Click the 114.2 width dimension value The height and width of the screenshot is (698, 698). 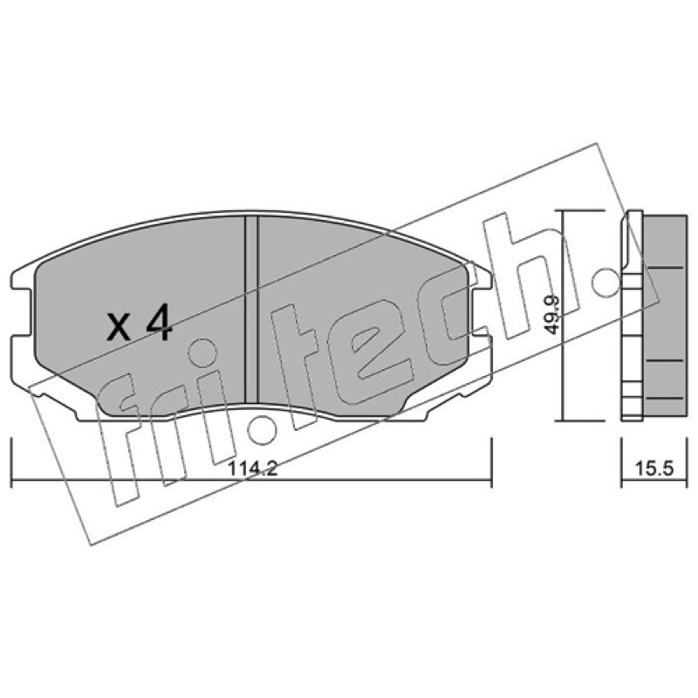pos(253,469)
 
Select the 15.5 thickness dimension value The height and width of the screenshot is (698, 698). pos(654,469)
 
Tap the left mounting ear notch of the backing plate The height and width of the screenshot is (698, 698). pos(21,311)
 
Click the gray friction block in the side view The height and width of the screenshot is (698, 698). pos(664,317)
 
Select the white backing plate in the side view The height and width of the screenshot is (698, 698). pos(632,315)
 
